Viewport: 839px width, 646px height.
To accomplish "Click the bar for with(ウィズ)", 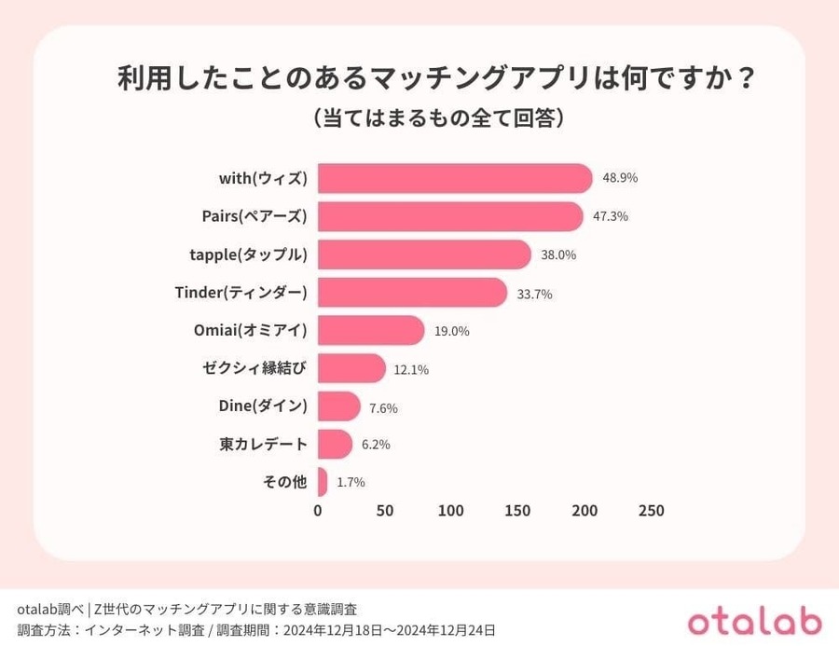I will click(x=455, y=178).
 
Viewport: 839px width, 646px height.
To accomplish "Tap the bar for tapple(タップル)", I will click(x=424, y=254).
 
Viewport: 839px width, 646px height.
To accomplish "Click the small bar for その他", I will click(x=323, y=482).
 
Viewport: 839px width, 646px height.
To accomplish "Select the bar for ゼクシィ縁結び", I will click(x=351, y=368).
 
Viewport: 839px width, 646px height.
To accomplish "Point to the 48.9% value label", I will click(x=620, y=178).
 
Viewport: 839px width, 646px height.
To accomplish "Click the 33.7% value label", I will click(x=535, y=294).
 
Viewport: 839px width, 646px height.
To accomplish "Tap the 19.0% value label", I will click(x=451, y=331).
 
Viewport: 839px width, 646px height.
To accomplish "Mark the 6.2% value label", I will click(x=376, y=445).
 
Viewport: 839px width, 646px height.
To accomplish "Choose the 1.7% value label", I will click(x=351, y=483).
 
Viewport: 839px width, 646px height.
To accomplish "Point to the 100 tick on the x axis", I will click(x=451, y=511).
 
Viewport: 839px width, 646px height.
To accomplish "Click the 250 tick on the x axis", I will click(x=651, y=511).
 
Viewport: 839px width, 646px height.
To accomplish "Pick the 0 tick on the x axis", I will click(x=318, y=511).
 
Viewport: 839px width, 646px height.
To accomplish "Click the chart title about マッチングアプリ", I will click(x=435, y=78).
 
